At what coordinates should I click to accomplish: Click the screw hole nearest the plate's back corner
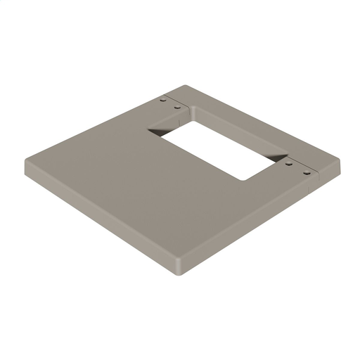pyautogui.click(x=163, y=101)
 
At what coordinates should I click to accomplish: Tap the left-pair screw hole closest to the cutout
pyautogui.click(x=176, y=107)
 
